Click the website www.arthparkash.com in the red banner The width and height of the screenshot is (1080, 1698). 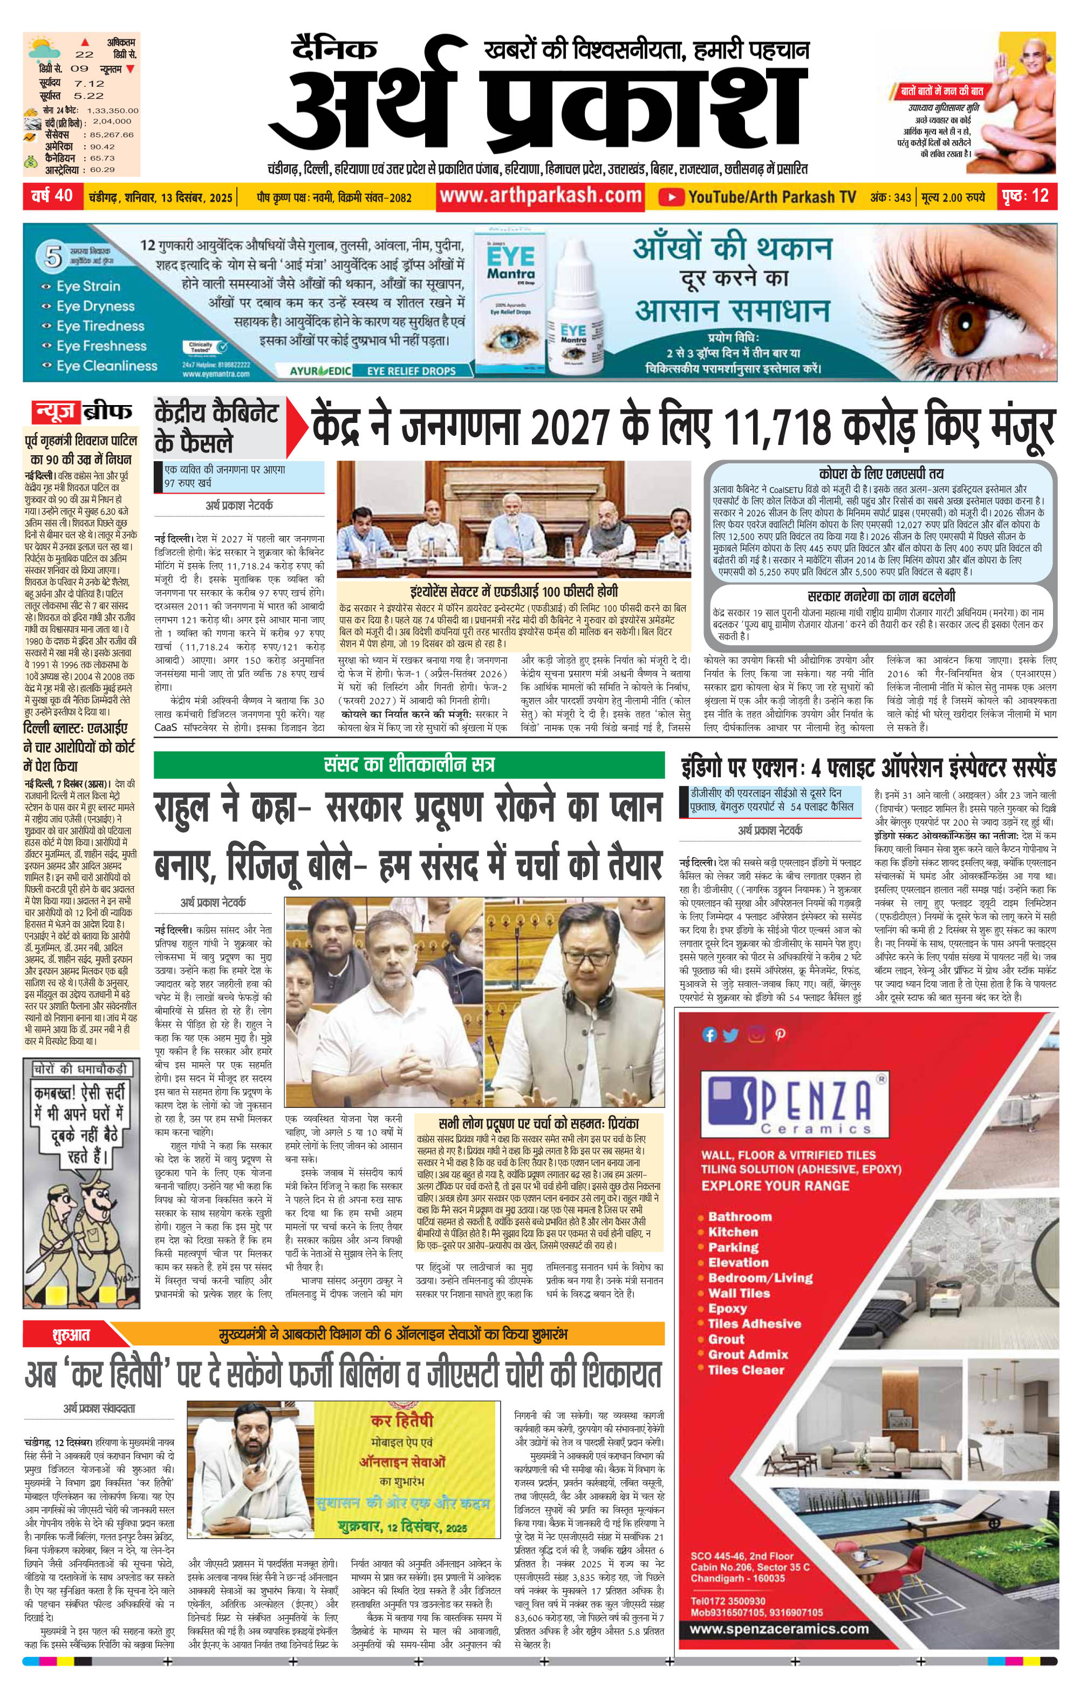[x=541, y=196]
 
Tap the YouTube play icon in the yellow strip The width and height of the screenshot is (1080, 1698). [x=672, y=197]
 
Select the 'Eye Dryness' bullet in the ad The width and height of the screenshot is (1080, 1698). [x=95, y=306]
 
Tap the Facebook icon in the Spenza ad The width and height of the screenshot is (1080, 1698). [x=709, y=1035]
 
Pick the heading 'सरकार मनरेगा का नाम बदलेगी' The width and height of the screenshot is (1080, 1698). [x=881, y=596]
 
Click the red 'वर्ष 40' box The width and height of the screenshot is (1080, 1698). [x=52, y=196]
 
